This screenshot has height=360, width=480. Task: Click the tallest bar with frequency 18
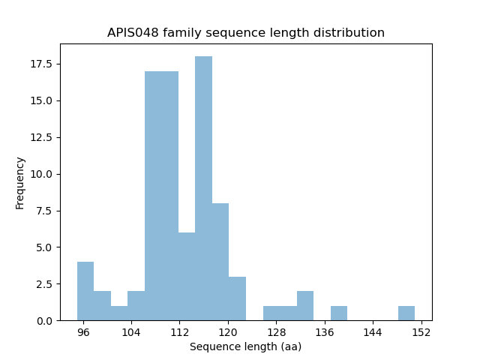(x=203, y=188)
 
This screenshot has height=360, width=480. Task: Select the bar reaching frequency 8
(x=220, y=262)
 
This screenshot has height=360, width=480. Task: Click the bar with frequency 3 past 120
(x=237, y=298)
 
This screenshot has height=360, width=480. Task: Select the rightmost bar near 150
(x=406, y=313)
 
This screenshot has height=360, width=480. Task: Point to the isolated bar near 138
(x=339, y=313)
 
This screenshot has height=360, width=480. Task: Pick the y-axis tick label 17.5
(x=42, y=64)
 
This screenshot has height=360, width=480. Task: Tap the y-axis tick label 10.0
(x=42, y=174)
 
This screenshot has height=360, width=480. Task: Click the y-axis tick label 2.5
(x=45, y=284)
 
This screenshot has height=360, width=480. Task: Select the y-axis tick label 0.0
(x=45, y=321)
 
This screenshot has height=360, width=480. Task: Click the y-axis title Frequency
(x=20, y=182)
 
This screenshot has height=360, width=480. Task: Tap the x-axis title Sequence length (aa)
(x=245, y=346)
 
